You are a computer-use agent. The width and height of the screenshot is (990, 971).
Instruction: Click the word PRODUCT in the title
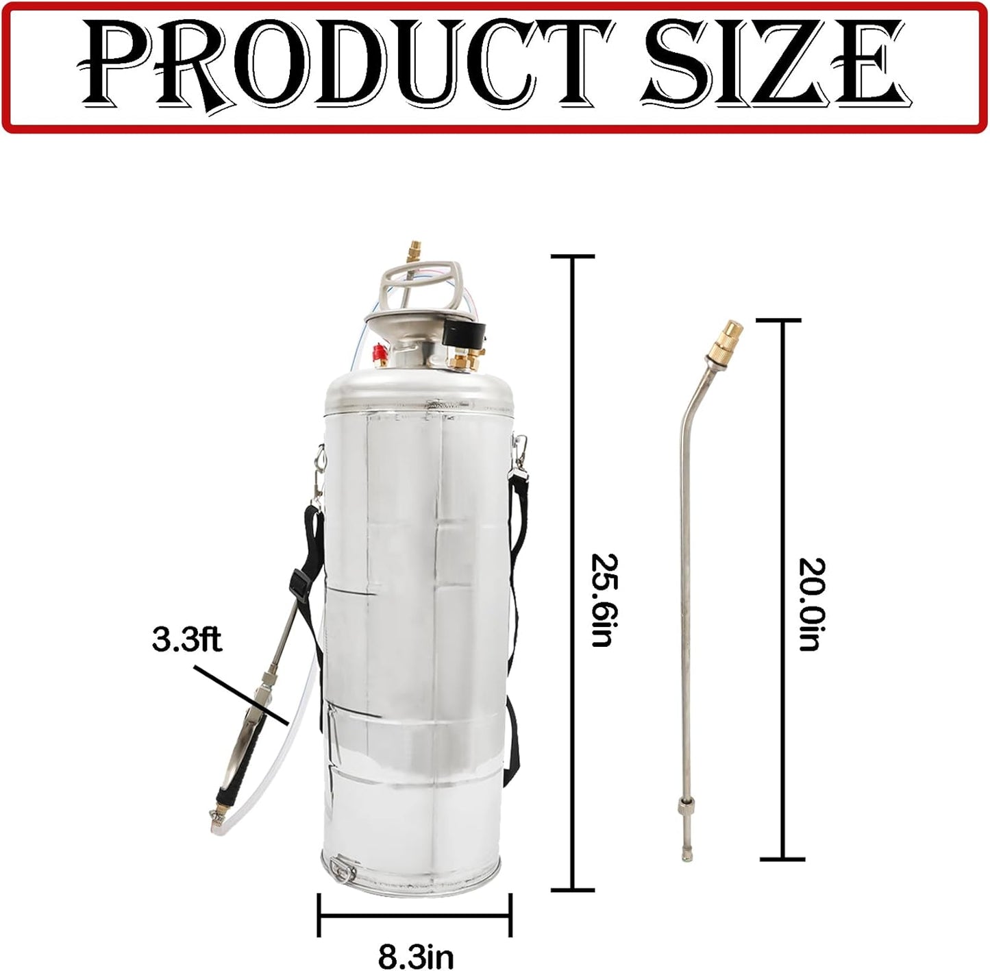point(343,66)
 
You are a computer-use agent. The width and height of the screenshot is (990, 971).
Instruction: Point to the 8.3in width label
point(415,956)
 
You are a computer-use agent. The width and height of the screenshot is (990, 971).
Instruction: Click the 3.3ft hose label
point(186,641)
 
